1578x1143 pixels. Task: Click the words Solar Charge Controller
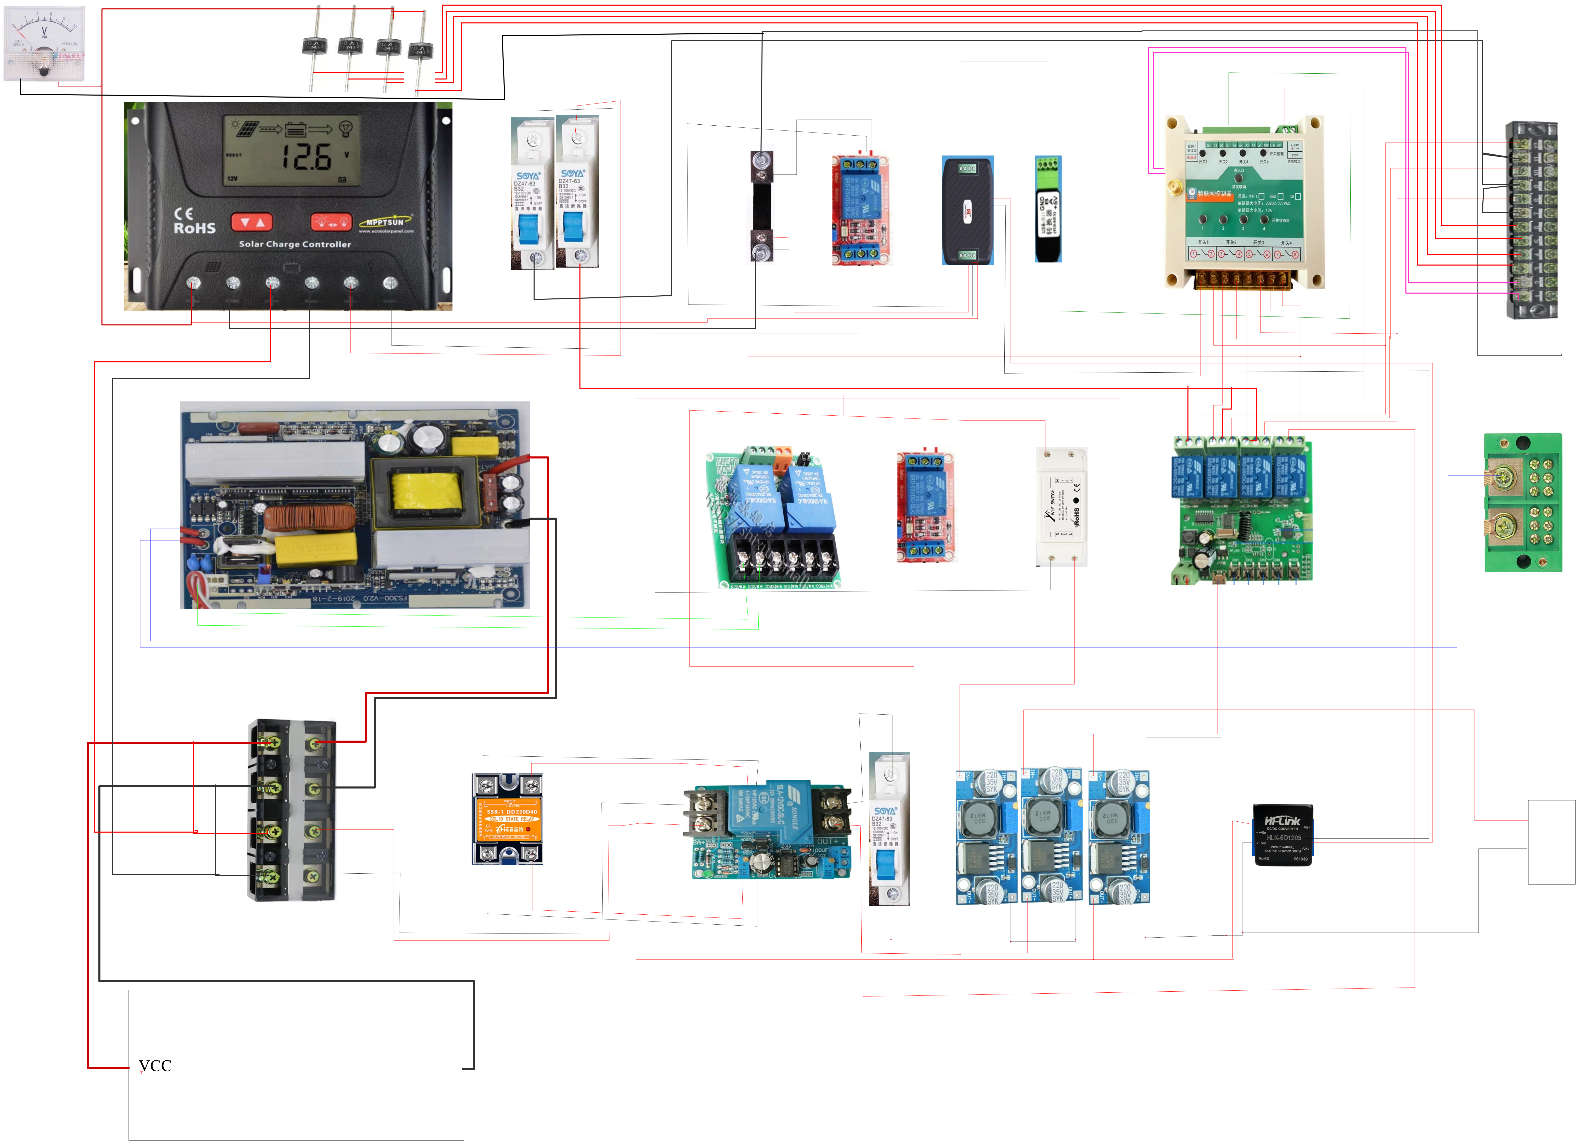click(x=295, y=244)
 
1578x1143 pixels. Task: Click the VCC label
click(x=155, y=1066)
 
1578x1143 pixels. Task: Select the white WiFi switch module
click(x=1062, y=506)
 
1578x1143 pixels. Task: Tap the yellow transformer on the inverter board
click(x=426, y=490)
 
